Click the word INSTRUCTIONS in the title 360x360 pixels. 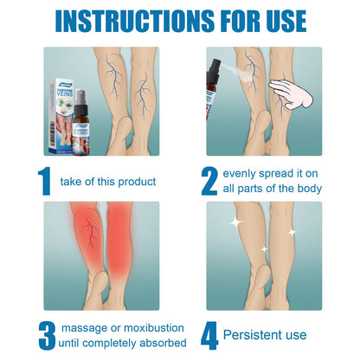tap(117, 21)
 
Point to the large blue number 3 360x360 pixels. tap(44, 334)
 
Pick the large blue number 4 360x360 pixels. tap(209, 334)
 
